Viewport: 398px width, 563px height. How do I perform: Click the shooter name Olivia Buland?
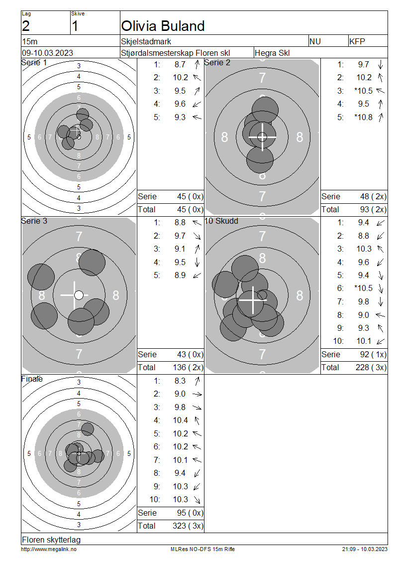[x=163, y=26]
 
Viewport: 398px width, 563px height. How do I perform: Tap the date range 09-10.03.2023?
[x=48, y=53]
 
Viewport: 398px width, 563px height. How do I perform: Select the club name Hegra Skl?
[x=272, y=53]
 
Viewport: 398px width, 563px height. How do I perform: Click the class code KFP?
[x=357, y=42]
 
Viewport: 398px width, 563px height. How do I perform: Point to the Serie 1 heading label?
[x=34, y=62]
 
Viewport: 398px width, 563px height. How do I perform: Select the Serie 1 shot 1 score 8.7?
[x=180, y=65]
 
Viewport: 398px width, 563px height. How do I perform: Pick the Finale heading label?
[x=32, y=379]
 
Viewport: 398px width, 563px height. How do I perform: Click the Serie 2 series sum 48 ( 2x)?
[x=373, y=197]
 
